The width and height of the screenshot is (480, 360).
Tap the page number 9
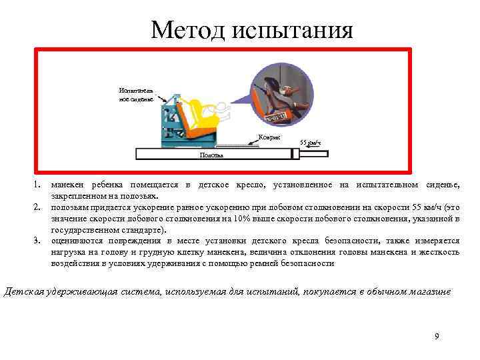click(x=437, y=336)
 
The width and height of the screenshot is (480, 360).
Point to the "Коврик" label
click(x=269, y=137)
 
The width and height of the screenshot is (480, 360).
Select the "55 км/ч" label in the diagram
click(x=311, y=143)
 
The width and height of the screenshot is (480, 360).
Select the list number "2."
click(x=39, y=207)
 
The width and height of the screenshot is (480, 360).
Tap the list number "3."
click(x=39, y=241)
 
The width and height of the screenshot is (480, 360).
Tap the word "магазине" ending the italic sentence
click(x=431, y=291)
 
